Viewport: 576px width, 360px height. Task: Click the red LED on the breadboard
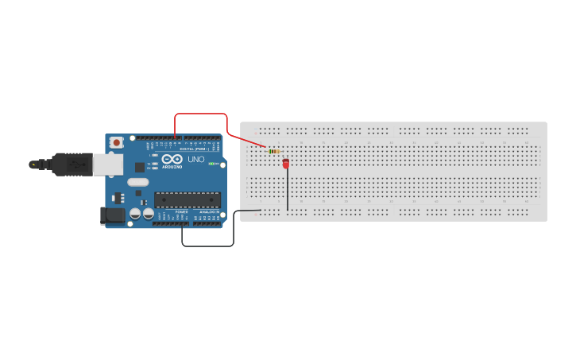point(286,163)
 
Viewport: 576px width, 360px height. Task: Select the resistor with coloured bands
point(274,151)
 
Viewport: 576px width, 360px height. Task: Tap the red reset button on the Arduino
point(117,142)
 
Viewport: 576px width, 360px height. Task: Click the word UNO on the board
point(195,159)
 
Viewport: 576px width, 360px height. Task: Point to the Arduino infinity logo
point(172,159)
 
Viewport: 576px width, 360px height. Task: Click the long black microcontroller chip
point(187,199)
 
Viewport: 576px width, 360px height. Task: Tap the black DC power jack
point(112,215)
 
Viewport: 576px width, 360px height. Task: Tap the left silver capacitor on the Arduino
point(136,214)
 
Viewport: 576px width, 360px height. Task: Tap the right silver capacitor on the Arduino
point(149,214)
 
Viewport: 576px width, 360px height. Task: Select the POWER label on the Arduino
point(181,212)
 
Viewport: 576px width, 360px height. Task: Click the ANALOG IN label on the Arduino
point(209,212)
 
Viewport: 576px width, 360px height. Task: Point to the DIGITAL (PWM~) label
point(195,149)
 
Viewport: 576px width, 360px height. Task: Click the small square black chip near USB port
point(140,167)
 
